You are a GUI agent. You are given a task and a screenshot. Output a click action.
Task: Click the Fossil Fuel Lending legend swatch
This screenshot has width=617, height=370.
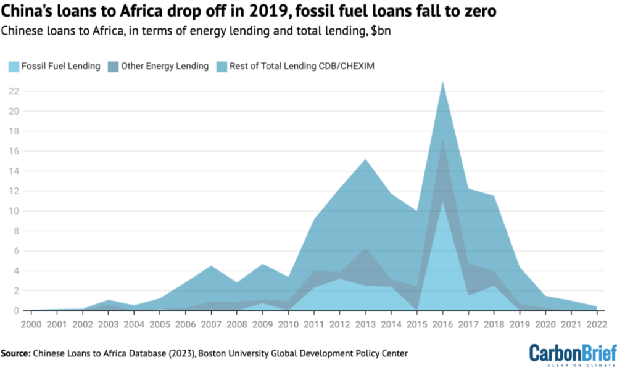click(13, 66)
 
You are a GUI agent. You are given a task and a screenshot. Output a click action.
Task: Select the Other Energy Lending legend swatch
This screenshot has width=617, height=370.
click(112, 66)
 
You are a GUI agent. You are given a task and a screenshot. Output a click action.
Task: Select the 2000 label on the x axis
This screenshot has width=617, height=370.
click(31, 324)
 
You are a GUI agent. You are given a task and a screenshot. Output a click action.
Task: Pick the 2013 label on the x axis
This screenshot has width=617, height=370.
click(366, 324)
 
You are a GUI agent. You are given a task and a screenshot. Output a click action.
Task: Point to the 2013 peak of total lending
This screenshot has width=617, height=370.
click(366, 159)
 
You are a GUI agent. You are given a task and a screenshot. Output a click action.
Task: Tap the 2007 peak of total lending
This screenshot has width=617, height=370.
click(211, 266)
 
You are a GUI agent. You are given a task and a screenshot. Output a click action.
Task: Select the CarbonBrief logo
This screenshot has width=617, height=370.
click(572, 353)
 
